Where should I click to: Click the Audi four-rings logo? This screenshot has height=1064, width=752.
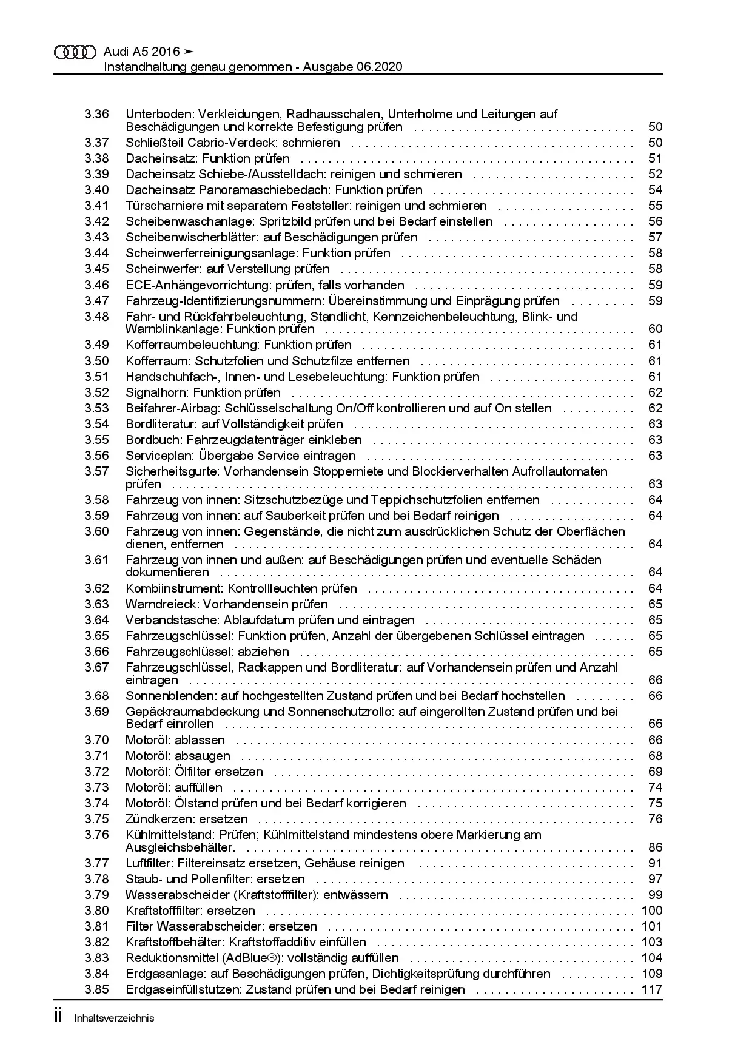(x=75, y=53)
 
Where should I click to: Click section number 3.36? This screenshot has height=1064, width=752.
(x=96, y=114)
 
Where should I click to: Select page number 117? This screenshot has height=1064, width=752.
(x=651, y=989)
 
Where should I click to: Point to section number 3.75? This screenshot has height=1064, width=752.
(x=96, y=819)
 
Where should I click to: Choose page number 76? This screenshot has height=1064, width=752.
(x=655, y=819)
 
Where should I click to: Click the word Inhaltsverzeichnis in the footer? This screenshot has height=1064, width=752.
(x=114, y=1019)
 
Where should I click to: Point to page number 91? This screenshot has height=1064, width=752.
(x=655, y=863)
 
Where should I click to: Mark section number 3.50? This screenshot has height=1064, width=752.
(x=96, y=361)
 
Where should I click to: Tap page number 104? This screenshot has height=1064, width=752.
(x=651, y=958)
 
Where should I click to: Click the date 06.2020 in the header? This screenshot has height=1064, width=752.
(x=378, y=67)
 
